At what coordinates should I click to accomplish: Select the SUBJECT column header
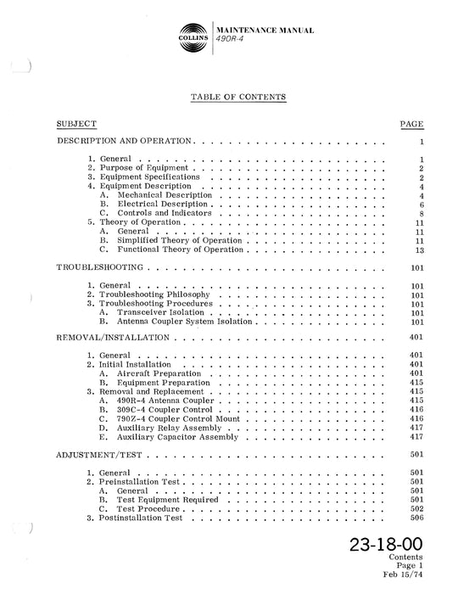(76, 124)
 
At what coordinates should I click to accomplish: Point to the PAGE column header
(411, 124)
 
